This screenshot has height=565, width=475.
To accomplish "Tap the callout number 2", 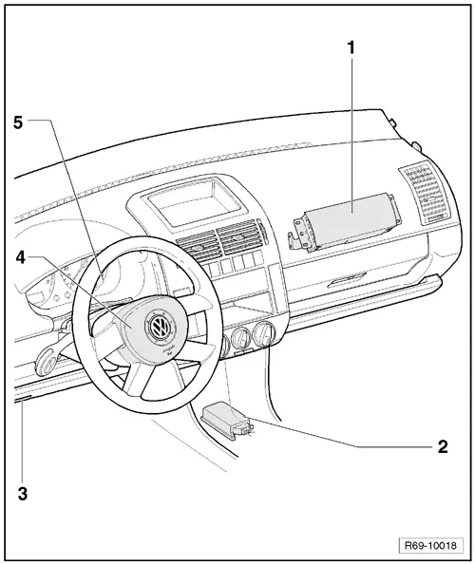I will coord(443,444).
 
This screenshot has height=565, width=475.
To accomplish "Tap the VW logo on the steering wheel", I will coord(156,329).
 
